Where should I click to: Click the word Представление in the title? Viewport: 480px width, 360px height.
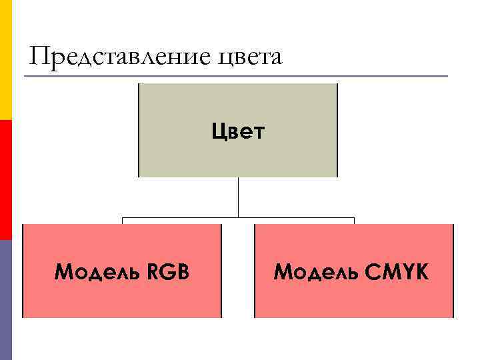click(x=119, y=56)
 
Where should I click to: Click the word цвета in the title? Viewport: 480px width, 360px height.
click(x=250, y=57)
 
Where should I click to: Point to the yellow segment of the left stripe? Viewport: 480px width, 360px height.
click(x=5, y=60)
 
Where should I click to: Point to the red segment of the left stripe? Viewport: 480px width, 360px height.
click(x=5, y=180)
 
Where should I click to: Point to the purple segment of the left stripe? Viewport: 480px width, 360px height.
click(x=5, y=300)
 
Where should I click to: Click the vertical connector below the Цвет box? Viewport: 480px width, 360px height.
click(x=238, y=197)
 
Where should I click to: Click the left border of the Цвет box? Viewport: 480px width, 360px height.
click(x=139, y=130)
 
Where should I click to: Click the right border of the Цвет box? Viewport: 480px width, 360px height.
click(x=337, y=130)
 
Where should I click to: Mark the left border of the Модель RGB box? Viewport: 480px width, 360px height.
click(x=23, y=271)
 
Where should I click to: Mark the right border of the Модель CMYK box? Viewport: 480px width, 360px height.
click(x=453, y=271)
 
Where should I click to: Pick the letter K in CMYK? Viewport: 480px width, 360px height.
click(x=421, y=272)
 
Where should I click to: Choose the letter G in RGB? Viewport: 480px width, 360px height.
click(x=170, y=272)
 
